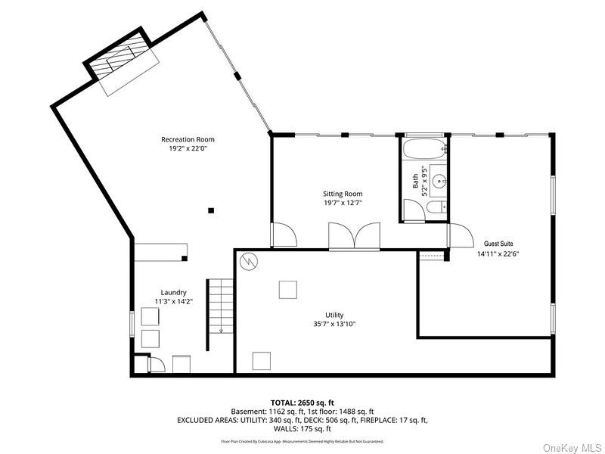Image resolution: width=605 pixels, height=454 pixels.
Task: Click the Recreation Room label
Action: coord(188,139)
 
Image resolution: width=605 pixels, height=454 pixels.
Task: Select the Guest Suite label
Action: coord(498,244)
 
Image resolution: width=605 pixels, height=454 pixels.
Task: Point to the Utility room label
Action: coord(334,315)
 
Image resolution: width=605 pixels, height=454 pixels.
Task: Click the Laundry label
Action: coord(173,293)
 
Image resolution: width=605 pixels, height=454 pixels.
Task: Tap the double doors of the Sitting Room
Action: coord(353,236)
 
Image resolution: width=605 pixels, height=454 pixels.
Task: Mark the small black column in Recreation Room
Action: coord(212,210)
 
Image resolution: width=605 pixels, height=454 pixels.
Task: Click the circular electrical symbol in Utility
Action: coord(248,262)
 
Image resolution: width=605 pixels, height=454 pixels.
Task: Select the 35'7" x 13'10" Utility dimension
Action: coord(334,325)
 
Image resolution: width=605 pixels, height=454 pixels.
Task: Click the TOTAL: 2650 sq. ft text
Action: coord(302,403)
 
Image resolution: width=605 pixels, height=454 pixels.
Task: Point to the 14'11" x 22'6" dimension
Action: coord(498,254)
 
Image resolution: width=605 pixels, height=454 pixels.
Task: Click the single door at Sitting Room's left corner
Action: coord(283,235)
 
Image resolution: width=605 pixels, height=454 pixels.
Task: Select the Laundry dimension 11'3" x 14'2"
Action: coord(173,303)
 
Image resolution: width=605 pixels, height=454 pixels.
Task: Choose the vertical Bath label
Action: coord(415,182)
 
